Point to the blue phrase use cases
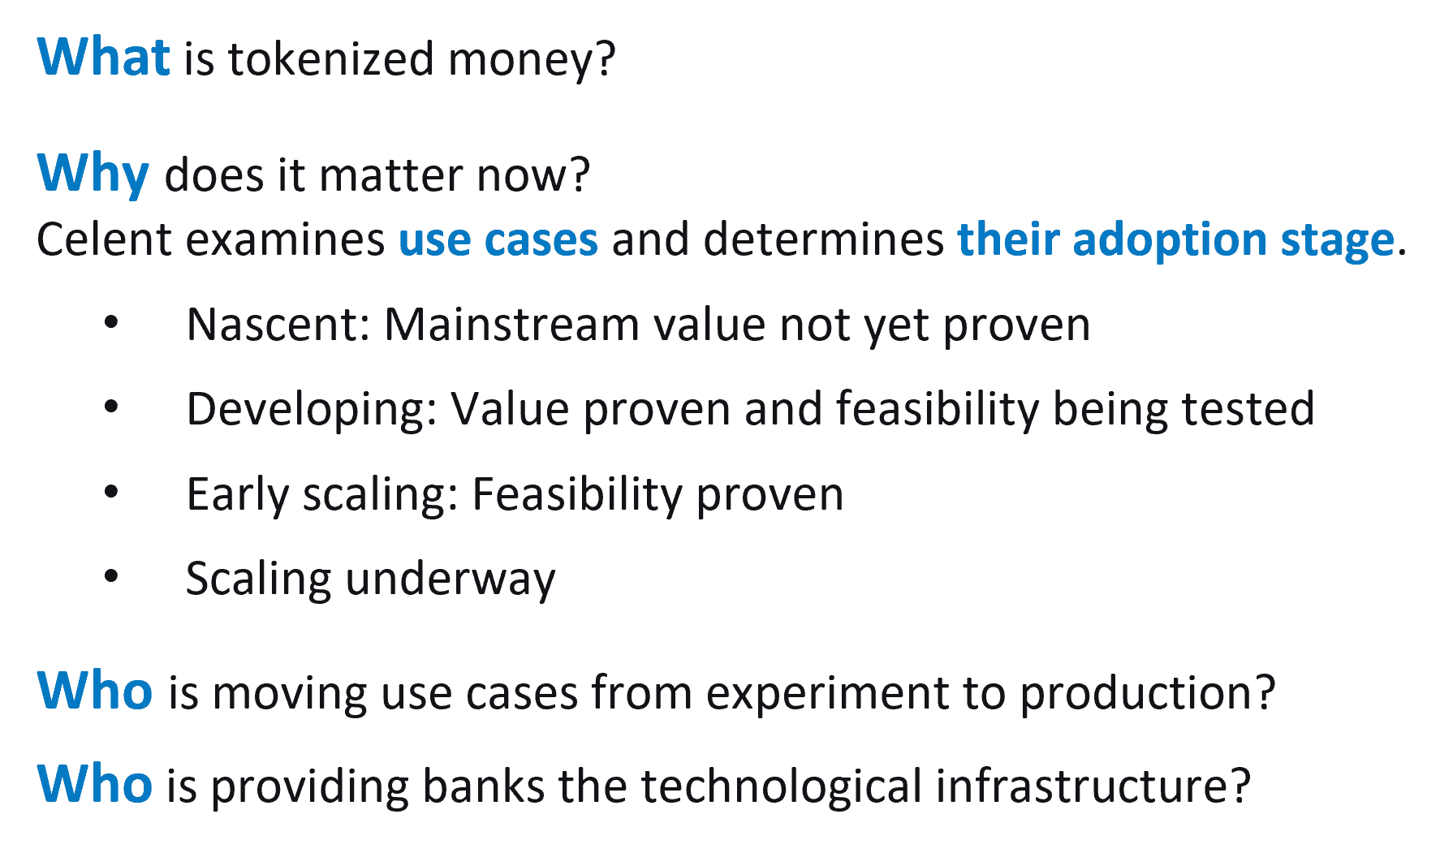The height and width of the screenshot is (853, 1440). [498, 240]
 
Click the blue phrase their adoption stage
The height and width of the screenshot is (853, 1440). [1176, 240]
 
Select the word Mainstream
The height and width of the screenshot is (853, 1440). [512, 325]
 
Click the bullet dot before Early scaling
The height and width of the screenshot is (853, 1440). [111, 492]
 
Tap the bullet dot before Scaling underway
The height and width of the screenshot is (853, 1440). [111, 576]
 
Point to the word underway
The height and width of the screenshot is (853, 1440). [451, 579]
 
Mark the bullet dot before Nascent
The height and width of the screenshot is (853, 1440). [111, 323]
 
